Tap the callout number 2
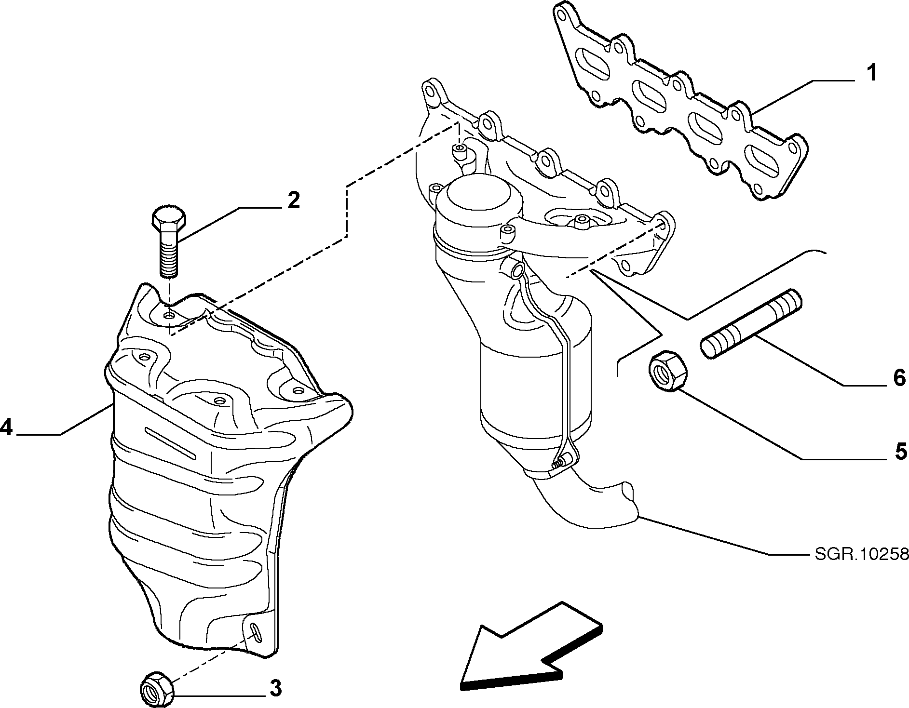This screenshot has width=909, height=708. tap(293, 200)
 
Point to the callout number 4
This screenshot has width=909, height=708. tap(6, 427)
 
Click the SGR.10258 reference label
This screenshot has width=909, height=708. tap(862, 555)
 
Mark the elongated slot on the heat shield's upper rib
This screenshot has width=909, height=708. tap(169, 443)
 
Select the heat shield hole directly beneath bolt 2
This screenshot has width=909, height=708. tap(169, 315)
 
